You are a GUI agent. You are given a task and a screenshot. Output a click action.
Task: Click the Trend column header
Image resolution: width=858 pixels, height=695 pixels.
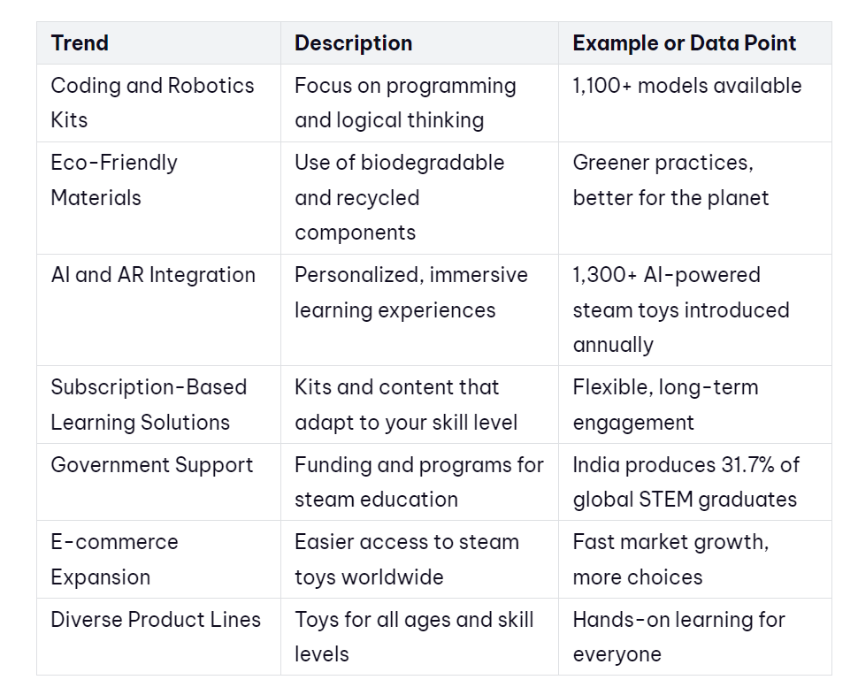pyautogui.click(x=80, y=43)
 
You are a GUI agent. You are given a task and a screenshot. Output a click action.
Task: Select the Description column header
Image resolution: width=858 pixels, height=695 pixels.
pyautogui.click(x=353, y=43)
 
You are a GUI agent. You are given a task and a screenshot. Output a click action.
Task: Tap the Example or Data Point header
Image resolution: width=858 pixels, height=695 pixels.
pyautogui.click(x=684, y=43)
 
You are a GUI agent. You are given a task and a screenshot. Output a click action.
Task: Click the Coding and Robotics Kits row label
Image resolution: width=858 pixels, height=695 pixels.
pyautogui.click(x=153, y=103)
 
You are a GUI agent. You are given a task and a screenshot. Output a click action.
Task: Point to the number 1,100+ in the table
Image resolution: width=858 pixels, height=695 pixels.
pyautogui.click(x=601, y=86)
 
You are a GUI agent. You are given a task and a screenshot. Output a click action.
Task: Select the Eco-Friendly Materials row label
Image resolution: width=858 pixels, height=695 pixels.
pyautogui.click(x=114, y=179)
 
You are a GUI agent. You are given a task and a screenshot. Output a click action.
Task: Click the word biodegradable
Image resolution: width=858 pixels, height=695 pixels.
pyautogui.click(x=433, y=163)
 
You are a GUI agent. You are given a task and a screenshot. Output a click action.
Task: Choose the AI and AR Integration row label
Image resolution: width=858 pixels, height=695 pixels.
pyautogui.click(x=153, y=275)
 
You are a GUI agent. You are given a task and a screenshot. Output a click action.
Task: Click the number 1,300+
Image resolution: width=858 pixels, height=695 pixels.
pyautogui.click(x=605, y=275)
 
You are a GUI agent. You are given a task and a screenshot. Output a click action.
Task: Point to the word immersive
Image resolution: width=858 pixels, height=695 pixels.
pyautogui.click(x=479, y=275)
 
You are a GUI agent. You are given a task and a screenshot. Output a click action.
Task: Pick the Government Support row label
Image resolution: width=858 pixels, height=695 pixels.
pyautogui.click(x=152, y=465)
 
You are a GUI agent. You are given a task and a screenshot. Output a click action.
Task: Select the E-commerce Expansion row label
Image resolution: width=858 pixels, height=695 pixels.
pyautogui.click(x=114, y=560)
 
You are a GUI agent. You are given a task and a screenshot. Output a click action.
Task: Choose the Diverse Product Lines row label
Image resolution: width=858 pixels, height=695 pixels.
pyautogui.click(x=156, y=620)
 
